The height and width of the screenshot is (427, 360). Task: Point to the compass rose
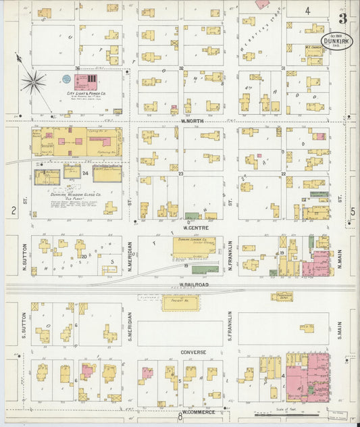(32, 82)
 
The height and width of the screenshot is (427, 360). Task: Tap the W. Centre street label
(190, 228)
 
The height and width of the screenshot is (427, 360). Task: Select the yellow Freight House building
(180, 304)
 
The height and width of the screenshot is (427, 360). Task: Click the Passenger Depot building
(282, 297)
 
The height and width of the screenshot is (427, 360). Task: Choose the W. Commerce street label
(198, 411)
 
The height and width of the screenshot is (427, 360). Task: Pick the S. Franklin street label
(230, 325)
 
